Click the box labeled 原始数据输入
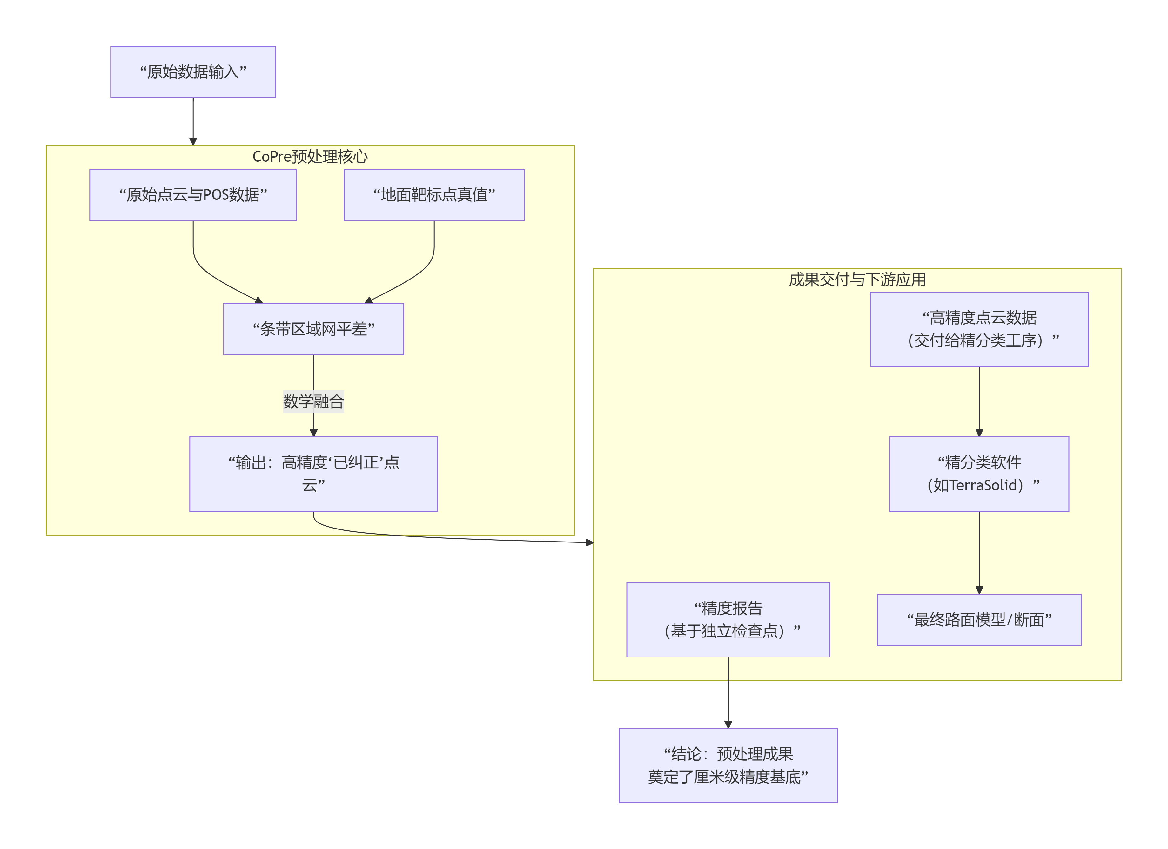(x=193, y=71)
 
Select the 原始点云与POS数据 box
(x=193, y=195)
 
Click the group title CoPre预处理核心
(x=310, y=157)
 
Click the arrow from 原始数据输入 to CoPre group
(x=193, y=121)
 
